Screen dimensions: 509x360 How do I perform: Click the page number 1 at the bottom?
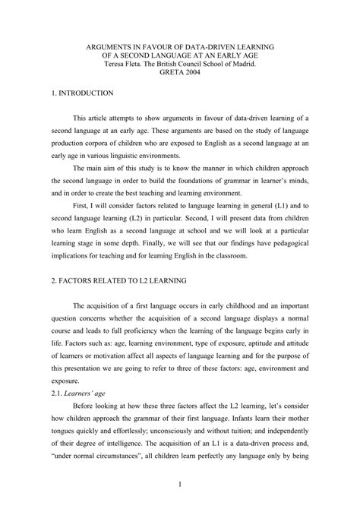(x=180, y=482)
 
